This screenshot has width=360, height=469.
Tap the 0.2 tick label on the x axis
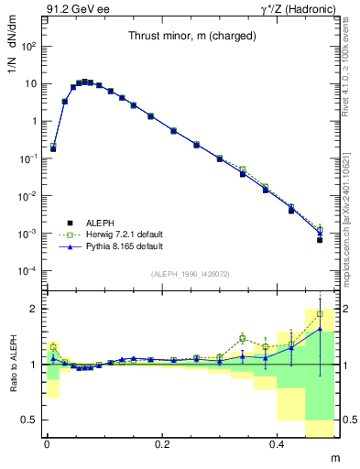(163, 443)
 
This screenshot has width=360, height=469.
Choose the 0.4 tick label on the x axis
(279, 443)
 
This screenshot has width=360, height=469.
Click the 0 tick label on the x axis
(47, 443)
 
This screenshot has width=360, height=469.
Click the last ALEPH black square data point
(320, 240)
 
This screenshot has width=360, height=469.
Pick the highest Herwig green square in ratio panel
(320, 314)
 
